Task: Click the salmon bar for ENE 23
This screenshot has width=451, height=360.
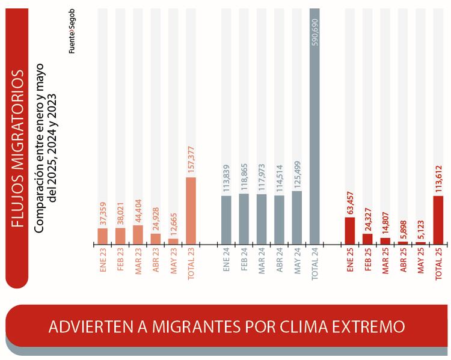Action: pyautogui.click(x=103, y=236)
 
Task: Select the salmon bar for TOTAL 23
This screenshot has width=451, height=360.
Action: pyautogui.click(x=191, y=211)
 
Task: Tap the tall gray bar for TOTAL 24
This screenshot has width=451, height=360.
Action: pyautogui.click(x=314, y=126)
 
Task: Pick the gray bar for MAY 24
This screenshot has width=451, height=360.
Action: pyautogui.click(x=297, y=218)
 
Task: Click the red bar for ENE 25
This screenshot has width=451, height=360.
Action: pyautogui.click(x=350, y=231)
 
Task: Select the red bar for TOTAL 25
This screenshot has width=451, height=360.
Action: pyautogui.click(x=438, y=220)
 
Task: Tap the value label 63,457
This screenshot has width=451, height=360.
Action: pyautogui.click(x=350, y=200)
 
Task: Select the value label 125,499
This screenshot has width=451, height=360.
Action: pyautogui.click(x=297, y=174)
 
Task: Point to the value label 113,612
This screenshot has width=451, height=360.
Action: pyautogui.click(x=438, y=177)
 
